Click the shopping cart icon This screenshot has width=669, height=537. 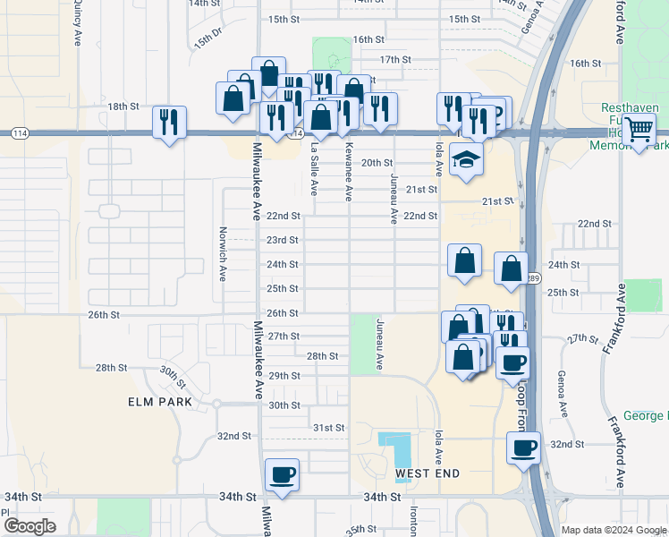(x=639, y=132)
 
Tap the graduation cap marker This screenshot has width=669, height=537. (x=465, y=161)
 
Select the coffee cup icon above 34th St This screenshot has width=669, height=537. (x=283, y=474)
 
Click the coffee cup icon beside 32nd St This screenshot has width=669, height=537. (x=524, y=447)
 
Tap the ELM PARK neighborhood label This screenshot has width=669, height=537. (x=159, y=403)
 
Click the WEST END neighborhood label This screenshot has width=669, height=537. (x=428, y=473)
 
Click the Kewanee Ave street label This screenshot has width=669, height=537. (x=349, y=170)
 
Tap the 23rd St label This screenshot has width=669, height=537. (x=283, y=240)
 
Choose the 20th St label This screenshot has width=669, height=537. (x=377, y=163)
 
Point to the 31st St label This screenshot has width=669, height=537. (x=328, y=428)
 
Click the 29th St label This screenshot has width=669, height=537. (x=284, y=376)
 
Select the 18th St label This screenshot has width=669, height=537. (x=124, y=107)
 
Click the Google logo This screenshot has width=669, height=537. (x=30, y=526)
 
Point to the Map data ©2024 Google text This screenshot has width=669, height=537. (x=613, y=530)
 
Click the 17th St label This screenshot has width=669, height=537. (x=394, y=60)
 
